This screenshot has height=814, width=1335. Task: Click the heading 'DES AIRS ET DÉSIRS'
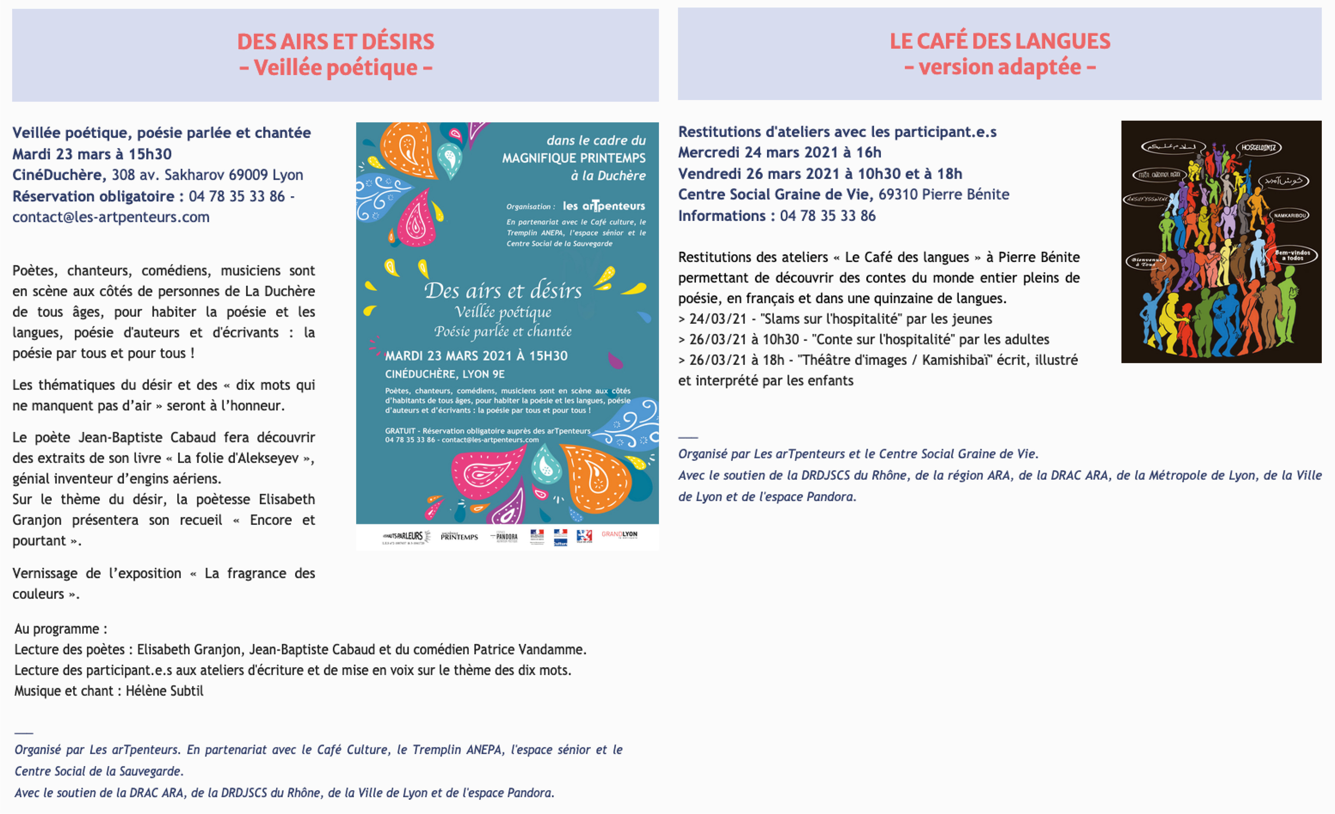coord(335,42)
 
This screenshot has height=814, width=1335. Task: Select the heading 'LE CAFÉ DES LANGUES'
coord(1000,41)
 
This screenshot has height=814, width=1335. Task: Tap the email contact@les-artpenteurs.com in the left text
coord(111,217)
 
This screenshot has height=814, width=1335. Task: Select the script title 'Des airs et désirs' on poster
coord(503,291)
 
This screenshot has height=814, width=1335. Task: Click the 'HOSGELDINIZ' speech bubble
coord(1258,147)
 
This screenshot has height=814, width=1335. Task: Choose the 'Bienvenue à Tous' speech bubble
coord(1146,261)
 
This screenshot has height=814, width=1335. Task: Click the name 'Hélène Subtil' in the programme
coord(165,691)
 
